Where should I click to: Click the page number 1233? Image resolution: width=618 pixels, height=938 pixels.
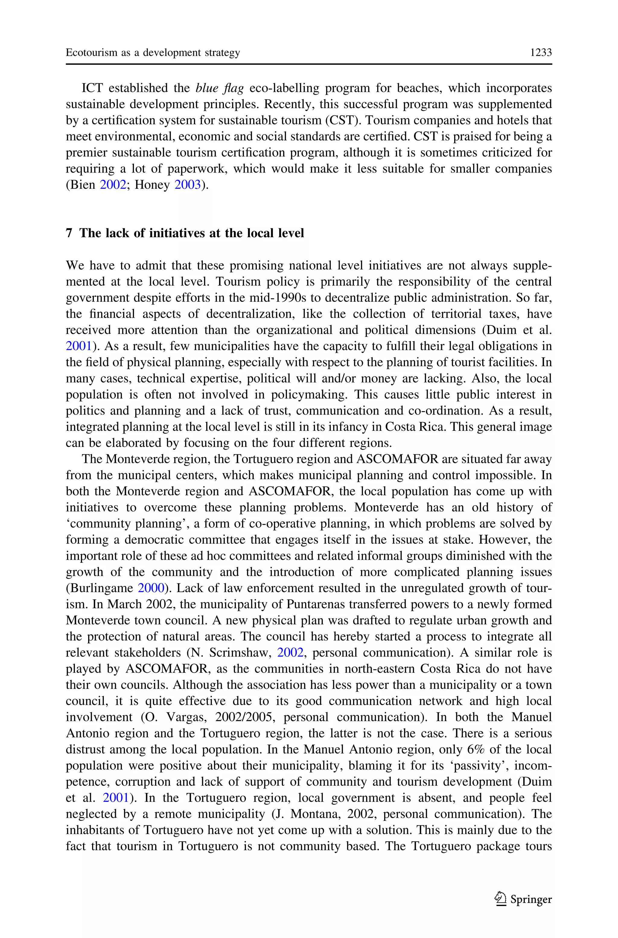pos(541,53)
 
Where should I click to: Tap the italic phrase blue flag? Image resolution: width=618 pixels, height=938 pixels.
pos(220,88)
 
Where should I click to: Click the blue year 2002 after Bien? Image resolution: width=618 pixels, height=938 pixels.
pos(113,185)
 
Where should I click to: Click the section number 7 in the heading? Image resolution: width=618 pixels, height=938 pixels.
pos(69,233)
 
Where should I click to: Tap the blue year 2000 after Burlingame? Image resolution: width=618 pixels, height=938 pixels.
pos(151,588)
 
